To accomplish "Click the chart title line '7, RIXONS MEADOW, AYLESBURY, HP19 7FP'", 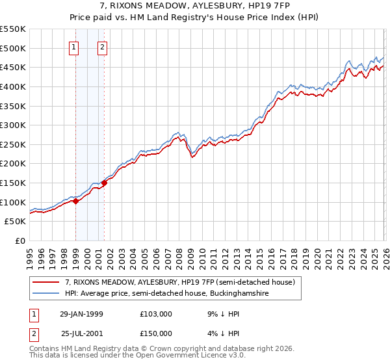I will [194, 6].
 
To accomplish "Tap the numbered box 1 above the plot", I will [74, 46].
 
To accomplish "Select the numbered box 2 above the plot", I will [103, 46].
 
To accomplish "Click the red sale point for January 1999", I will [76, 201].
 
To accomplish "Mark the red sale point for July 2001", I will [104, 183].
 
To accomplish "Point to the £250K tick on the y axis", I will [14, 144].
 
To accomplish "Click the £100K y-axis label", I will [14, 202].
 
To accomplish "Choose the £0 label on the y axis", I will [20, 240].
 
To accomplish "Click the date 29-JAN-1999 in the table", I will [81, 313].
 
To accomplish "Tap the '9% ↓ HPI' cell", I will [222, 313].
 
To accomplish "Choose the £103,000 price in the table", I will [157, 313].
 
